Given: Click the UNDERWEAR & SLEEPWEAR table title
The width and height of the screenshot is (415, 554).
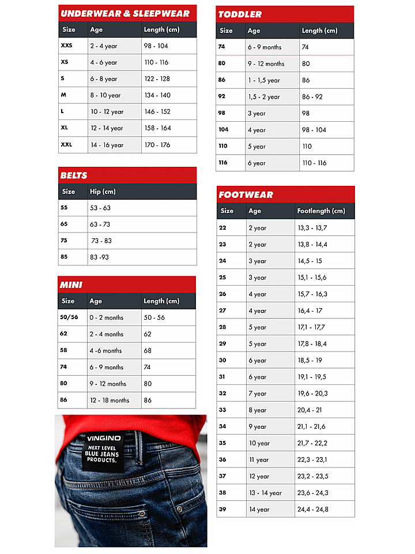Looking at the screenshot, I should (125, 13).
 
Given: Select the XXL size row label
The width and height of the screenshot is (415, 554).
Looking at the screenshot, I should (66, 145).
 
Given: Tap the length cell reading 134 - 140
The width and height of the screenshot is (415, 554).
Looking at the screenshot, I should (158, 95).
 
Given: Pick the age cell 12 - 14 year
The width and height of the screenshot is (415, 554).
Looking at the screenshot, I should (107, 128).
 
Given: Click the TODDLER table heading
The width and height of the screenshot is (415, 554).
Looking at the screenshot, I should (240, 14).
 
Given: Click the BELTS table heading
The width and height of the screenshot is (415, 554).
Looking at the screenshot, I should (74, 175).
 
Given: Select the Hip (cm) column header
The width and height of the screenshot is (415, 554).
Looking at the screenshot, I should (103, 192).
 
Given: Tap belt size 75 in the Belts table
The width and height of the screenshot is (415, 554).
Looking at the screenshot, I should (64, 241).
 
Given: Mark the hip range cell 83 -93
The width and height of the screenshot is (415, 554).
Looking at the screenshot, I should (99, 257).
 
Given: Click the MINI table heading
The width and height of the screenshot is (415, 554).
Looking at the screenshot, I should (71, 285).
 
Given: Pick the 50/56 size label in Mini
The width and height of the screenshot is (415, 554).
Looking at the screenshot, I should (69, 317).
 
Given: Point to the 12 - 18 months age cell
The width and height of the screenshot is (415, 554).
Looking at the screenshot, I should (110, 400).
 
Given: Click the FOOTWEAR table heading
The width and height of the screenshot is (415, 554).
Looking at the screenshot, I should (246, 195).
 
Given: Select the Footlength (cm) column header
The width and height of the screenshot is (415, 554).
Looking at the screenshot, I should (321, 211).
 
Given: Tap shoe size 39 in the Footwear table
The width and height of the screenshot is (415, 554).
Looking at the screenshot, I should (222, 510).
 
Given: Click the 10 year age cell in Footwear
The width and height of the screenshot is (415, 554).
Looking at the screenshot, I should (259, 443).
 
